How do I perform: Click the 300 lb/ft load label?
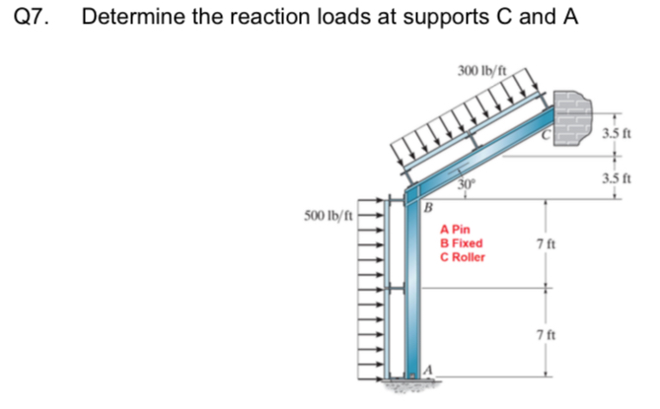coord(482,70)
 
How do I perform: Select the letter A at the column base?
coord(428,369)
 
